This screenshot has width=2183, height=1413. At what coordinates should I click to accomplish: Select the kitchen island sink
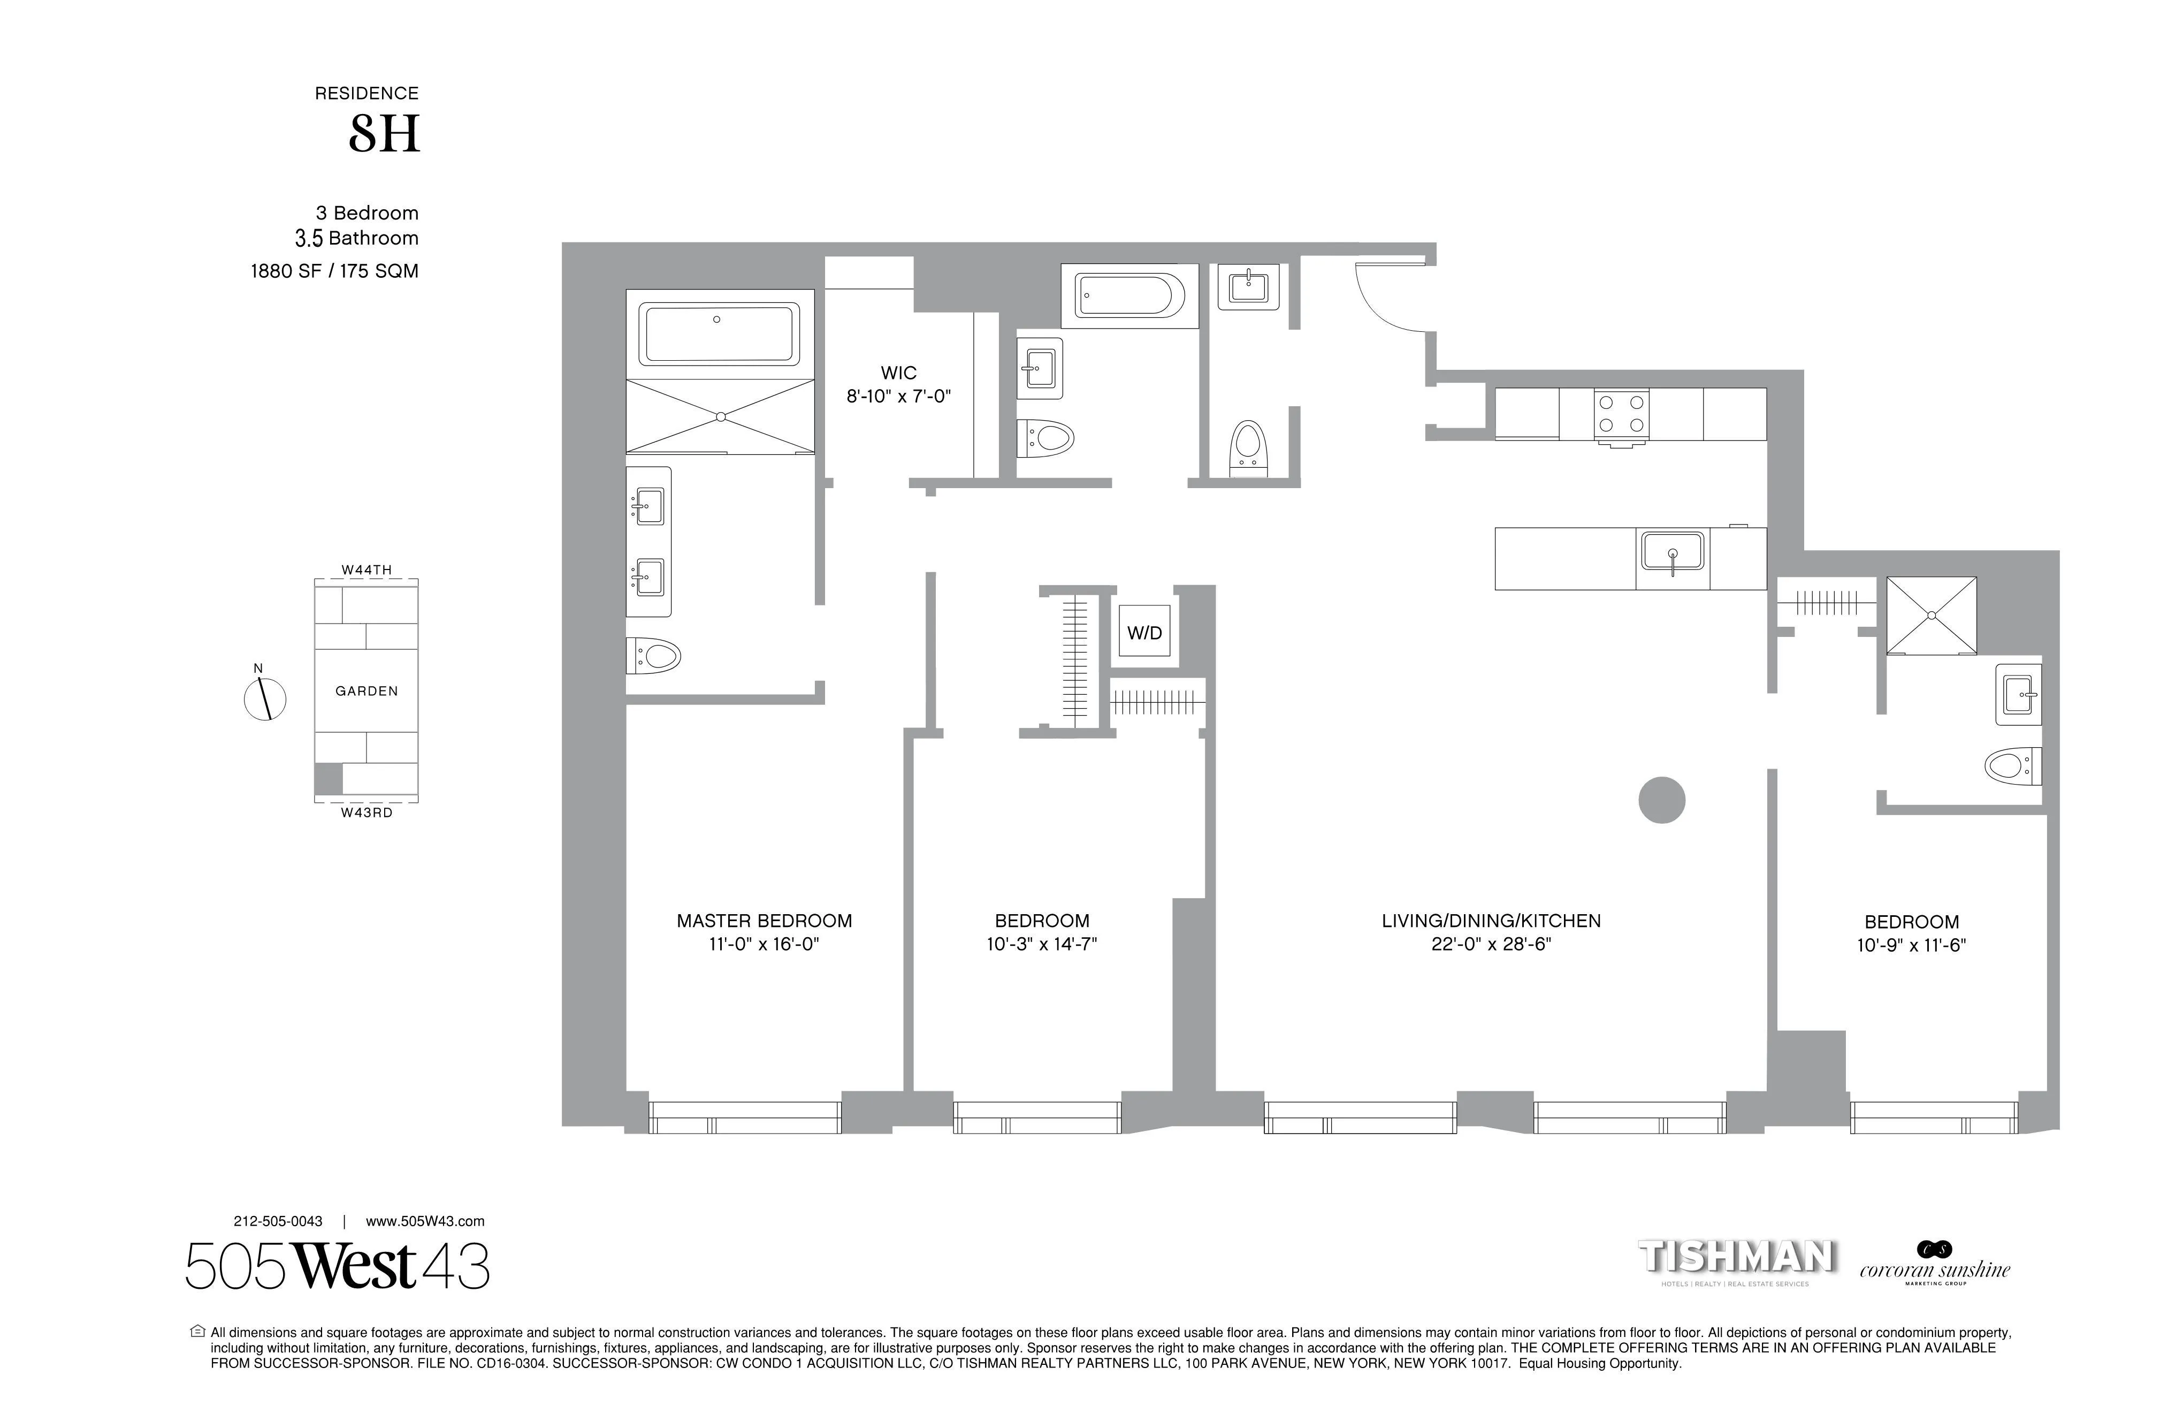pos(1672,553)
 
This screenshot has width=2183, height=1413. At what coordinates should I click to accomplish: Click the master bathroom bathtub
pos(719,334)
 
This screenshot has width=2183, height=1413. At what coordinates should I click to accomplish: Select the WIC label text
pos(898,373)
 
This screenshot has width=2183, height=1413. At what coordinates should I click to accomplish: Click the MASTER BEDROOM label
pos(764,920)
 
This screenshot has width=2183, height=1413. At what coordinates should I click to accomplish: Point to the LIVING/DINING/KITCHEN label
pos(1491,920)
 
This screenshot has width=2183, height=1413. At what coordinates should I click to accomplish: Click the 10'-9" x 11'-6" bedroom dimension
pos(1912,945)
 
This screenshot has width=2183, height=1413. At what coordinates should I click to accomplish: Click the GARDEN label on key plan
pos(366,691)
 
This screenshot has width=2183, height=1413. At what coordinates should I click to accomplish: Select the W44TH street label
pos(366,570)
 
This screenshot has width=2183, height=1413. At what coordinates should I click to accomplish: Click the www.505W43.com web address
pos(425,1221)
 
